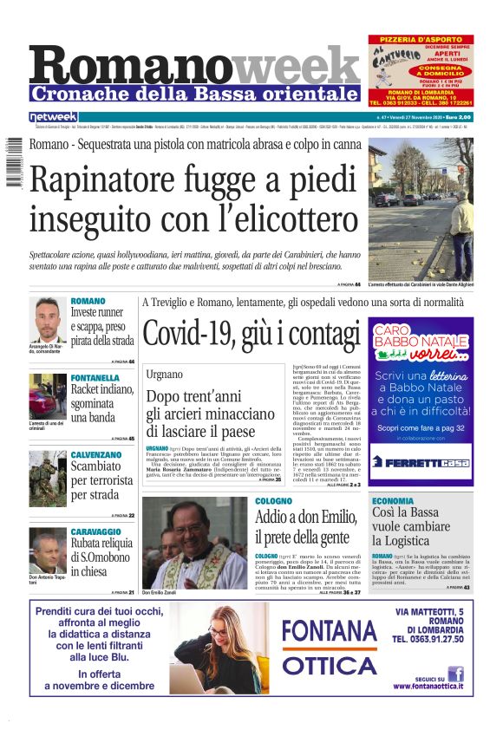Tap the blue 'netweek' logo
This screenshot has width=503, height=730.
coord(54,116)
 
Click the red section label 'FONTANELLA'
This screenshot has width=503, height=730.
coord(95,378)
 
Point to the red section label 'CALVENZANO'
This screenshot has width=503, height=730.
coord(95,454)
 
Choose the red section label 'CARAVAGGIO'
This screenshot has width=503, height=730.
coord(95,531)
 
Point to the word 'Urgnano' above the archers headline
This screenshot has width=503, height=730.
coord(164,374)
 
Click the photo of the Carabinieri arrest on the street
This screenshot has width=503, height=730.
coord(421,208)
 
